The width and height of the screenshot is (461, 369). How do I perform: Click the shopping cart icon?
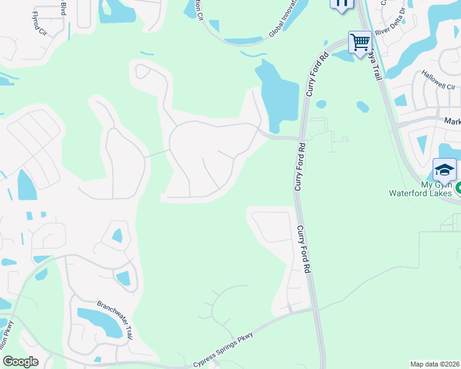[x=360, y=43]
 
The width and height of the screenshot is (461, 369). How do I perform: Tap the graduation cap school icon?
[x=444, y=169]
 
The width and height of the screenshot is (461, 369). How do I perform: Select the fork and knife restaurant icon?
[x=343, y=3]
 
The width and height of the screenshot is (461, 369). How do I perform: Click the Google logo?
[x=20, y=362]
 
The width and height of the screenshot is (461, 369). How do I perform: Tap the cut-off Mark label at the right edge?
[x=452, y=122]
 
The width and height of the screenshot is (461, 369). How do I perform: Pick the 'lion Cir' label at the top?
[x=198, y=9]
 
